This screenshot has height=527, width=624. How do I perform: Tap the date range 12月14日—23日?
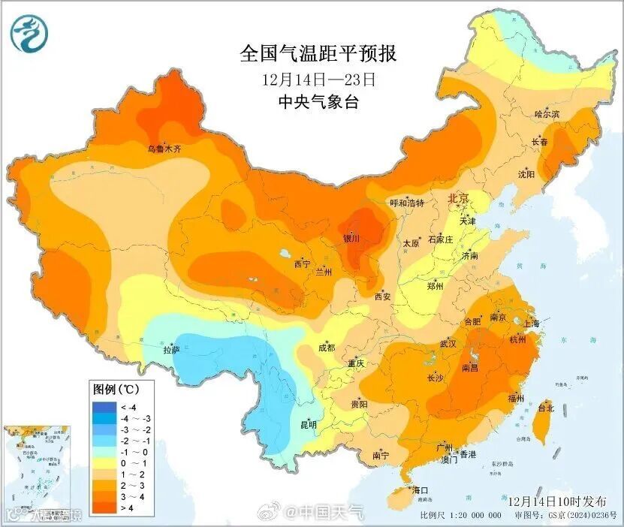[318, 79]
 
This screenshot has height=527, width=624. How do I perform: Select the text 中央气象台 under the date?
[318, 102]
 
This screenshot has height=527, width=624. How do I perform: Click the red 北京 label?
[457, 199]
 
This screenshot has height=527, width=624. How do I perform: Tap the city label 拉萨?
[171, 349]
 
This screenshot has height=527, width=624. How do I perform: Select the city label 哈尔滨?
[547, 114]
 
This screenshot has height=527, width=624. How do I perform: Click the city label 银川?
[351, 239]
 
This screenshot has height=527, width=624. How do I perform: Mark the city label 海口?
[421, 490]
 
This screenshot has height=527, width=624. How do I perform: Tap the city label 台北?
[545, 408]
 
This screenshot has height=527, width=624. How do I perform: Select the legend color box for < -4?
[103, 407]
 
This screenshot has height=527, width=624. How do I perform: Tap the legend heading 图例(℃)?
[115, 390]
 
